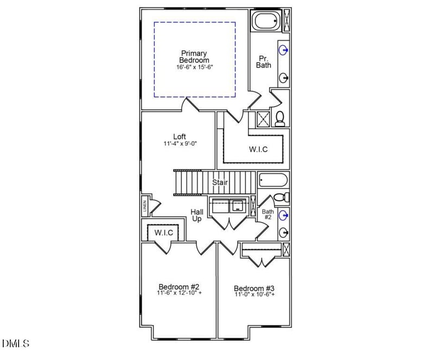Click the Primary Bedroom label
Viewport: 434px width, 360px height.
[x=195, y=56]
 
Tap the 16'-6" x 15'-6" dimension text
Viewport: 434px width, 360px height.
[x=195, y=67]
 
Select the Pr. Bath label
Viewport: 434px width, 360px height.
[x=264, y=61]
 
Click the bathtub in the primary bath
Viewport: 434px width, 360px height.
[x=266, y=22]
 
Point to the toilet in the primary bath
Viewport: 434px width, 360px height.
[x=280, y=118]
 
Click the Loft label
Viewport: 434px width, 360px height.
[x=180, y=136]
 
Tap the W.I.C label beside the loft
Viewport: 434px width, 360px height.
[x=258, y=149]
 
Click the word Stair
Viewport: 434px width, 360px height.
[x=220, y=182]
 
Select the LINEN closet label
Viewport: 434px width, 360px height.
[x=145, y=206]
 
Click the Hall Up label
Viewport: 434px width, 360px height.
[x=196, y=215]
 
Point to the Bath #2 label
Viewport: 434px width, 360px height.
[x=267, y=214]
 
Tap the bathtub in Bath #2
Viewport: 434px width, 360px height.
[x=272, y=180]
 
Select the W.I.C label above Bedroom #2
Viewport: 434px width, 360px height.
[x=163, y=232]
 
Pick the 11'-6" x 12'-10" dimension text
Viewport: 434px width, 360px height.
[x=180, y=293]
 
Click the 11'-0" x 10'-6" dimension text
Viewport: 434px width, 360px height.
[x=254, y=295]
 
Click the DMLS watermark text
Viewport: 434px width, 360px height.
[x=16, y=343]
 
